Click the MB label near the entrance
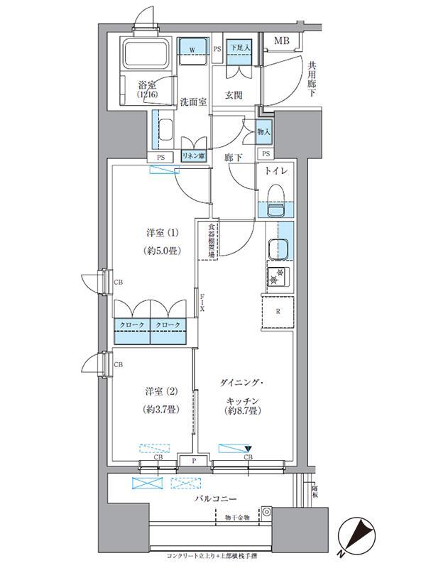coord(283,42)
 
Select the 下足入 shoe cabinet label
coord(236,49)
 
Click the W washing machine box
coord(192,49)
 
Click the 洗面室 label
coord(192,102)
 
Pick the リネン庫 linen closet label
coord(193,156)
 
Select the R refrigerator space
coord(278,311)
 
